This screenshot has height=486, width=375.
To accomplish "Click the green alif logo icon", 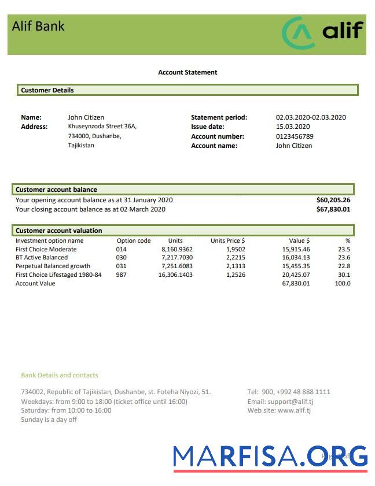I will (x=298, y=33).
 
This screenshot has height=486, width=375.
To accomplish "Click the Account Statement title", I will (x=187, y=72).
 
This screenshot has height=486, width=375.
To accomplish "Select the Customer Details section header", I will (x=47, y=90).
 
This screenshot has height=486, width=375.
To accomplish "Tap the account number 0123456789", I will (x=295, y=136).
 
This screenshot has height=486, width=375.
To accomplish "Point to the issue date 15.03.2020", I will (x=293, y=127).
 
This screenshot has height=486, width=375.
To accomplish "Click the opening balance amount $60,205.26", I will (x=333, y=200).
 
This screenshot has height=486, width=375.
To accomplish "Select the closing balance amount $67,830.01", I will (x=333, y=209).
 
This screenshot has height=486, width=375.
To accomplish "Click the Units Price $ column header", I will (x=227, y=240).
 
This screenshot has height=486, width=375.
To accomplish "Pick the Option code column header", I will (x=134, y=240).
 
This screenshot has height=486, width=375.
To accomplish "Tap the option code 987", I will (x=121, y=274).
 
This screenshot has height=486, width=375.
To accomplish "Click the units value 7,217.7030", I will (x=177, y=258).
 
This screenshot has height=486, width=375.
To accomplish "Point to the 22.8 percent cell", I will (x=344, y=266).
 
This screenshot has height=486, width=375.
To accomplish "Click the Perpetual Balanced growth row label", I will (x=53, y=266).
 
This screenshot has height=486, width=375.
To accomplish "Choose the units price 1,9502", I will (x=235, y=249).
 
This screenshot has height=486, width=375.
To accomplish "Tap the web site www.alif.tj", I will (x=294, y=410).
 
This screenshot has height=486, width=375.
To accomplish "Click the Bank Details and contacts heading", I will (x=60, y=375).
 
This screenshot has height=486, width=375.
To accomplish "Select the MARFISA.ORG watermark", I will (x=270, y=457).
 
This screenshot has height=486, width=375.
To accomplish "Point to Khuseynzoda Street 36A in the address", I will (x=102, y=126).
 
